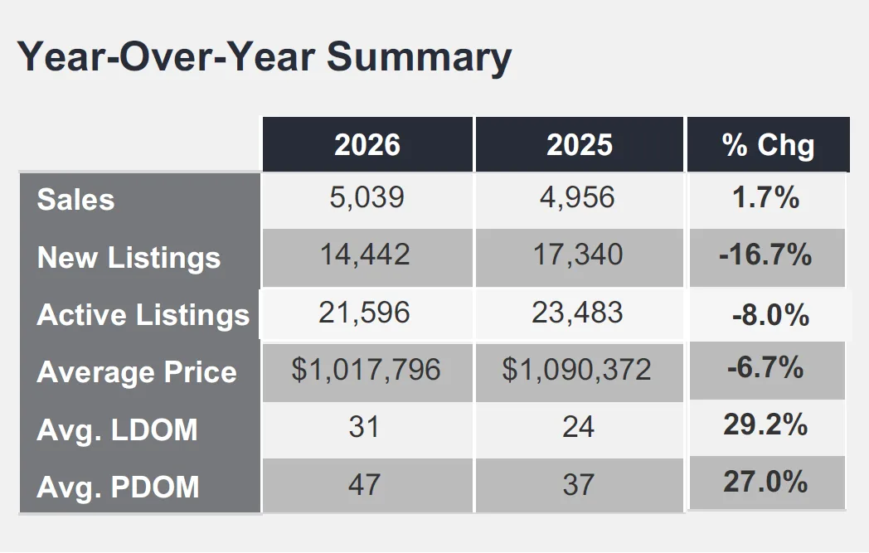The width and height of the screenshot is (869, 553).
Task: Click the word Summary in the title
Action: tap(419, 58)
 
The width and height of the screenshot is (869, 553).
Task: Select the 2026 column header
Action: tap(367, 145)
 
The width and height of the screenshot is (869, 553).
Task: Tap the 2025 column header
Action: tap(580, 145)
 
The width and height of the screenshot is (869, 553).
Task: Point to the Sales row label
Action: tap(76, 200)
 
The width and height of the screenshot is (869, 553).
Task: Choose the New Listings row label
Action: tap(129, 258)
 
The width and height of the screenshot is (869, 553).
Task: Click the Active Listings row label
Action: tap(143, 315)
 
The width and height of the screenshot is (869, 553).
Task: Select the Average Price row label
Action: tap(137, 371)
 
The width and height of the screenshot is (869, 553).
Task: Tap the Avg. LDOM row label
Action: tap(117, 430)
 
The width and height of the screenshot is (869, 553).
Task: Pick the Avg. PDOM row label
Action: tap(118, 487)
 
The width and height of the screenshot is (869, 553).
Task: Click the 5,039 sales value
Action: tap(367, 198)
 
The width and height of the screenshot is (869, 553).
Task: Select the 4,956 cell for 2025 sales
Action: tap(577, 198)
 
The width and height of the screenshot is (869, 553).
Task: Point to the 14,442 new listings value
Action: tap(365, 255)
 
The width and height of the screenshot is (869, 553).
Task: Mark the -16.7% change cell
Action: tap(765, 255)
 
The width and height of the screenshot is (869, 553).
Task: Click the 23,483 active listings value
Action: tap(577, 313)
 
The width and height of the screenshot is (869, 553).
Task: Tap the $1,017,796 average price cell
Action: tap(366, 370)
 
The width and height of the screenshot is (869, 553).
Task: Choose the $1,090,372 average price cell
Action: tap(576, 370)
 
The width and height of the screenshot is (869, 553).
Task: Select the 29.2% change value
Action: tap(765, 425)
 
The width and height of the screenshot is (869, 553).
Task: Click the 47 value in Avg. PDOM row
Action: tap(364, 485)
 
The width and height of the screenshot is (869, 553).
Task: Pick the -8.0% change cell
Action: tap(771, 315)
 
